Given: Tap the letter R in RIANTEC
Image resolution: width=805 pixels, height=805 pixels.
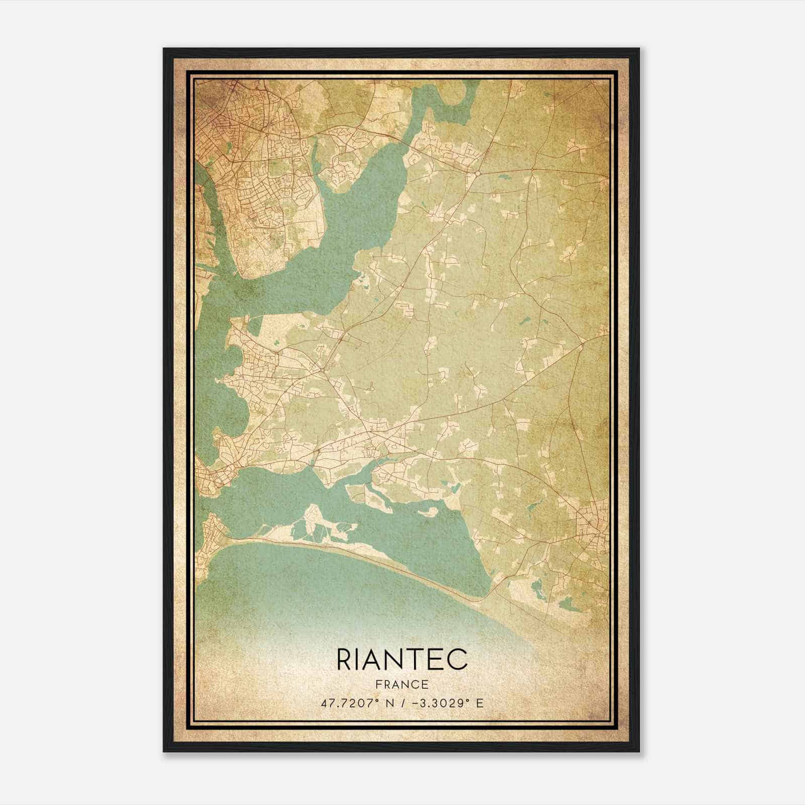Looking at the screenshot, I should pyautogui.click(x=344, y=660).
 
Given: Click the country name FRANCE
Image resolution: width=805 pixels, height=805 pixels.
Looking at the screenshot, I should pyautogui.click(x=401, y=685).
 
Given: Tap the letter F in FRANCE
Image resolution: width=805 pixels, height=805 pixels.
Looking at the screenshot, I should pyautogui.click(x=378, y=685).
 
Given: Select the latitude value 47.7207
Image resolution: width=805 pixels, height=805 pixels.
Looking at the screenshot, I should pyautogui.click(x=343, y=703).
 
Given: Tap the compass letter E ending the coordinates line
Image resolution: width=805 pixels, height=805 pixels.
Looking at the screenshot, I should pyautogui.click(x=479, y=703).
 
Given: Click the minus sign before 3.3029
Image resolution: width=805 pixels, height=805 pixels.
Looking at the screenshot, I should pyautogui.click(x=416, y=703).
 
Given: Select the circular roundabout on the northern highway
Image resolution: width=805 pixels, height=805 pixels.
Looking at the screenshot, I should pyautogui.click(x=477, y=173).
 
